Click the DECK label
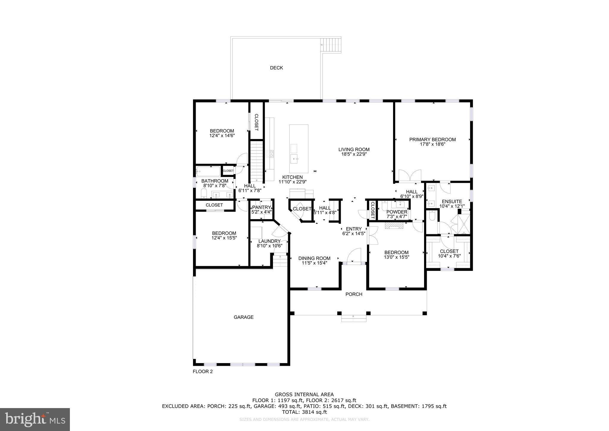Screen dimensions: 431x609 [276, 68]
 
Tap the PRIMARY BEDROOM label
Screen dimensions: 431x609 [432, 140]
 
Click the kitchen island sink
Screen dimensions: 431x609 [295, 159]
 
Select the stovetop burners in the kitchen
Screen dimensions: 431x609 [270, 154]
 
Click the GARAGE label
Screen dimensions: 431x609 [244, 317]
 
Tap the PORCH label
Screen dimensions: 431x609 [354, 294]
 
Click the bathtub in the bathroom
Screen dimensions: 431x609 [208, 171]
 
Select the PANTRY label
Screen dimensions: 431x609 [261, 207]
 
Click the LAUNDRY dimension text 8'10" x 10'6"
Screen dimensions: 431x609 [269, 246]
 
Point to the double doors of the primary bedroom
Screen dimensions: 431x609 [410, 176]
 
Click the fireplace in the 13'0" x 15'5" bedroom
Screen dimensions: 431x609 [394, 226]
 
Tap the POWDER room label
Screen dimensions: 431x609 [397, 212]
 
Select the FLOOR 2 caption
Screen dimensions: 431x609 [203, 371]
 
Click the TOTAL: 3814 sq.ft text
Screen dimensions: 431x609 [304, 412]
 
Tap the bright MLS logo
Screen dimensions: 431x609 [35, 419]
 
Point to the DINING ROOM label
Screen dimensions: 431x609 [314, 258]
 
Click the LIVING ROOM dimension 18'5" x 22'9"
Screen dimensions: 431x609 [354, 154]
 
